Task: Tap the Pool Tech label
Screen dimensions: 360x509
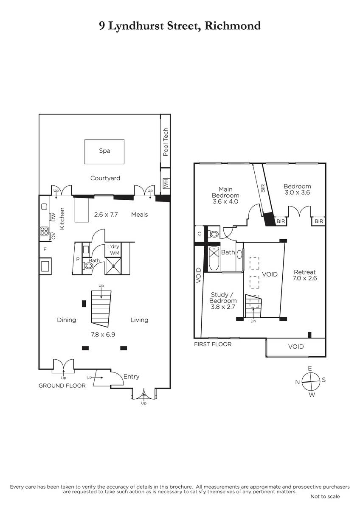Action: pos(166,142)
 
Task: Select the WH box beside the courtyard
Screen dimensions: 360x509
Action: pos(166,183)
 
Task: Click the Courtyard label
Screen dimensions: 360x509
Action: pos(105,178)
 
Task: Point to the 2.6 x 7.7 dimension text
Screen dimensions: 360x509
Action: pos(106,215)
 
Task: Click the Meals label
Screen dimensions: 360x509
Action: pos(139,215)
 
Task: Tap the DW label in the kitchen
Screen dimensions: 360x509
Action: pos(53,217)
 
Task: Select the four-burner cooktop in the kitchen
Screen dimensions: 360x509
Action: pos(44,231)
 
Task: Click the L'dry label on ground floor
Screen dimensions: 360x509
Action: pos(113,246)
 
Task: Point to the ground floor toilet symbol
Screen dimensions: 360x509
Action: pos(88,266)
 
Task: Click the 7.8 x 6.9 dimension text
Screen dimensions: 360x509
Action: pos(103,335)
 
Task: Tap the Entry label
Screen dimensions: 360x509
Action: pos(132,377)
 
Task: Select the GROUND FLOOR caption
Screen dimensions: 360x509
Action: pos(62,386)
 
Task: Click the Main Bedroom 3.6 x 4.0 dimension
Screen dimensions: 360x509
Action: pos(225,201)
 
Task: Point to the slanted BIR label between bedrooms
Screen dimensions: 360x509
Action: pos(263,188)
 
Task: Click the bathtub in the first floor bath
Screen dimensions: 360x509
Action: pos(214,259)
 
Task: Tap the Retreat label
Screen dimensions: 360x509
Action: pos(305,272)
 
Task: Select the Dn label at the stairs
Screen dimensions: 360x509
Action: pos(253,321)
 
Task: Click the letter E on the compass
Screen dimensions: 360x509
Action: pos(310,368)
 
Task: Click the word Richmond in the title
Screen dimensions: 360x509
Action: pos(233,26)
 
